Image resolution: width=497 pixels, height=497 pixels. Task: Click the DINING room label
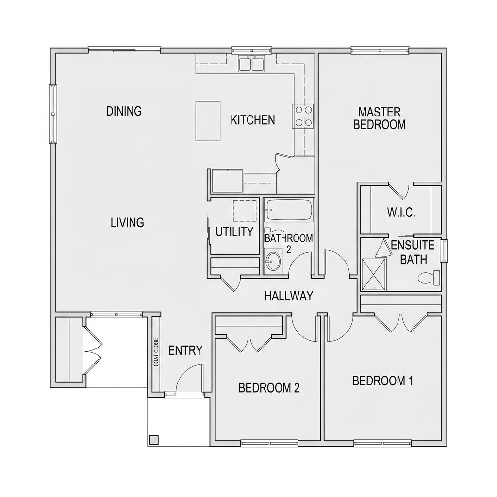click(x=124, y=111)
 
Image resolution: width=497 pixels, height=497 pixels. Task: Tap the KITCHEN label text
click(x=252, y=120)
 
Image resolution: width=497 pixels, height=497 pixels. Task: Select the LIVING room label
click(x=127, y=223)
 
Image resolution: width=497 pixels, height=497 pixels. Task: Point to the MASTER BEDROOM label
click(x=380, y=118)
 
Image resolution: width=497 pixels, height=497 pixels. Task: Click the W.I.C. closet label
click(x=401, y=213)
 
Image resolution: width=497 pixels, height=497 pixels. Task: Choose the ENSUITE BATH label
click(x=409, y=252)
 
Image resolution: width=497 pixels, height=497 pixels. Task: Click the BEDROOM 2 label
click(x=269, y=388)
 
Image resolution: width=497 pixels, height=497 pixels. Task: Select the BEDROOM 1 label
click(x=382, y=381)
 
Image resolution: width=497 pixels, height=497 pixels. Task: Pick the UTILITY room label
click(x=234, y=232)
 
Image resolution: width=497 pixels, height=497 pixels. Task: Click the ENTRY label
click(x=185, y=350)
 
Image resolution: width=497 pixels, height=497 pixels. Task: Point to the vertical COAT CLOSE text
click(x=156, y=352)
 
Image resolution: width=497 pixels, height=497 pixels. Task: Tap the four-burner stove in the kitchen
click(x=303, y=116)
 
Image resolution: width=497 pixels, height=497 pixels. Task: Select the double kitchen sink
click(x=251, y=64)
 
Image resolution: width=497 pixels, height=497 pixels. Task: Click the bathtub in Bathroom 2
click(x=289, y=210)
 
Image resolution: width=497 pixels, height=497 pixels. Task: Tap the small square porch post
click(x=154, y=440)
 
